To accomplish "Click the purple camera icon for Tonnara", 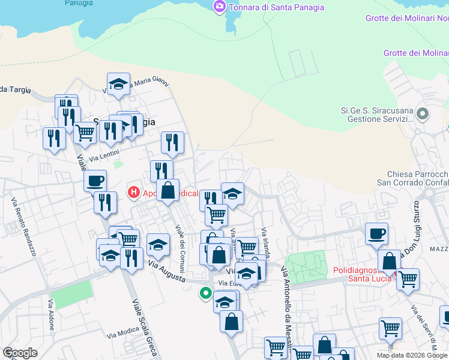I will [219, 7].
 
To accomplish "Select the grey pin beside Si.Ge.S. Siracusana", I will [423, 113].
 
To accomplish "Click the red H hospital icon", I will [133, 193].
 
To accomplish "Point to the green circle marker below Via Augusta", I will [205, 293].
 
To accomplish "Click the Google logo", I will [20, 353].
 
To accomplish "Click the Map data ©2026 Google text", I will [412, 355].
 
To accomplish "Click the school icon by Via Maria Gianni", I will [119, 85].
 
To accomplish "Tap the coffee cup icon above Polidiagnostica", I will [376, 233].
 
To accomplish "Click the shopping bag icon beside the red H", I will [168, 190].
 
